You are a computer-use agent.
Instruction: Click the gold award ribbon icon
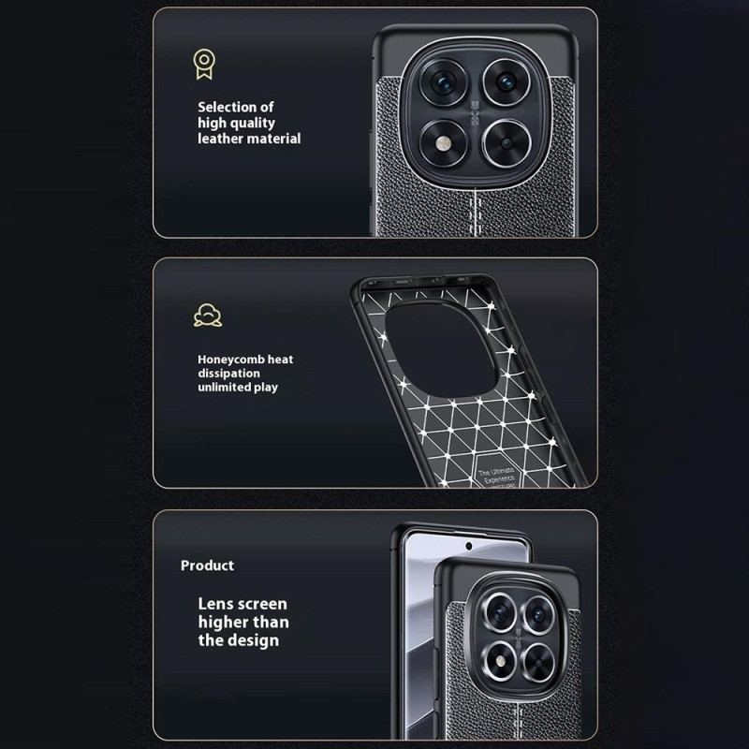coord(201,64)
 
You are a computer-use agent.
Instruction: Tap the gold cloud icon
coord(208,315)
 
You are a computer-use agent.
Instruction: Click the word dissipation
coord(228,373)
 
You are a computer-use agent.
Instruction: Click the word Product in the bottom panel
coord(207,565)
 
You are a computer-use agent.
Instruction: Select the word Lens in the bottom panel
coord(216,604)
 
